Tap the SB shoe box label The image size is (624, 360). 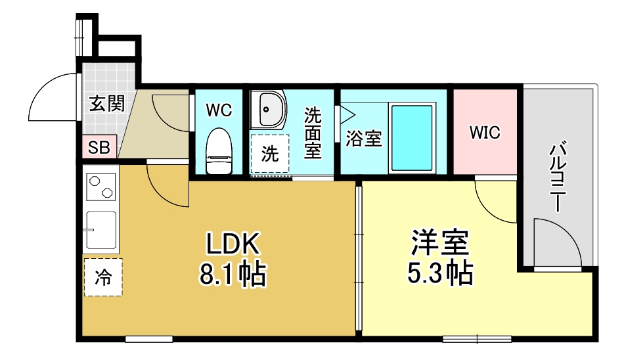(x=99, y=148)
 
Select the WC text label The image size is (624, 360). (x=219, y=110)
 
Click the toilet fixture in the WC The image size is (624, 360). (x=219, y=151)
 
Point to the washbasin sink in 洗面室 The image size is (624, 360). (x=269, y=109)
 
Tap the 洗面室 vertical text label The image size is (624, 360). (x=312, y=133)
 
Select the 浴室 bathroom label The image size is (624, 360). (x=364, y=139)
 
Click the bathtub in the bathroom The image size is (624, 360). (x=414, y=137)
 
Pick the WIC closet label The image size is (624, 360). (x=485, y=132)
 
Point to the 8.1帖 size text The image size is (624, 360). (x=233, y=275)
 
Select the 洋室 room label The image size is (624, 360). (x=440, y=242)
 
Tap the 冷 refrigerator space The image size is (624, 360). (x=102, y=277)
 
